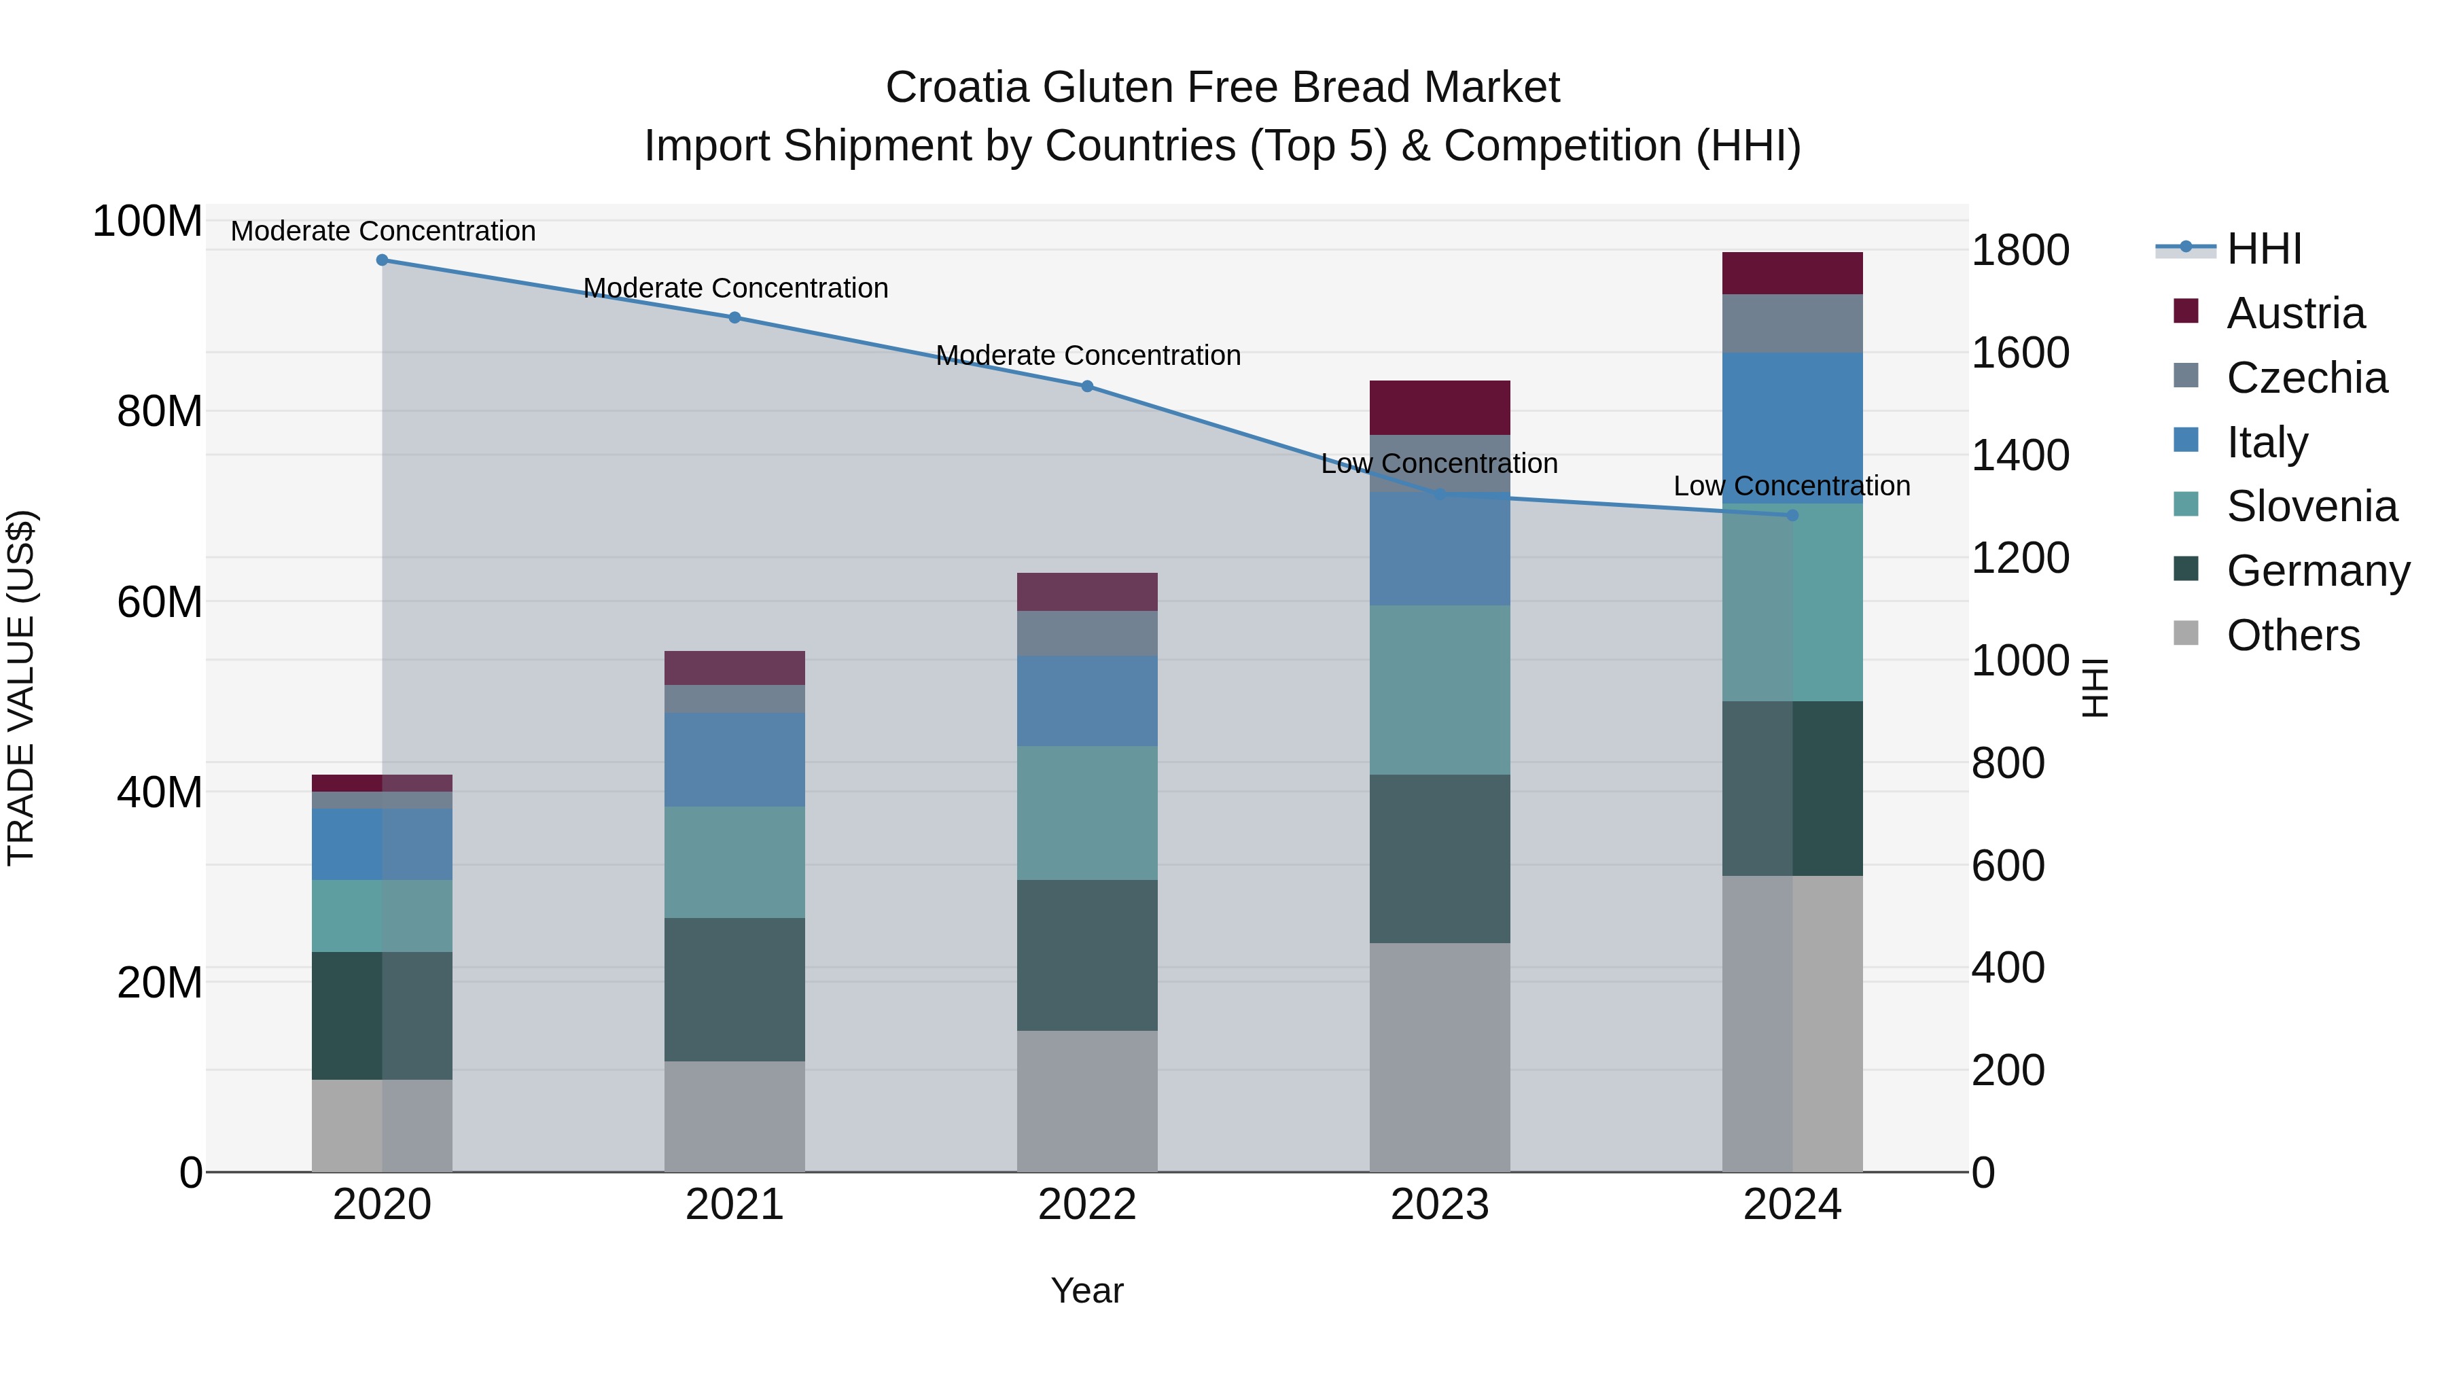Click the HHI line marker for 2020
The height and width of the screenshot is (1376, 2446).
382,260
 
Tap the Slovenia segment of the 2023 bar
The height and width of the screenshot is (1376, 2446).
1440,690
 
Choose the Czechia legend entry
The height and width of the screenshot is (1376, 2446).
2305,378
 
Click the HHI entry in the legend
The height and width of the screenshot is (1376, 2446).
2264,249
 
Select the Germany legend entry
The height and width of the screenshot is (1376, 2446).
2317,571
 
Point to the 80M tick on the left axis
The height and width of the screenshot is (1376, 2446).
160,412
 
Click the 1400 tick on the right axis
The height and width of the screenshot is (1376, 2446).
2020,456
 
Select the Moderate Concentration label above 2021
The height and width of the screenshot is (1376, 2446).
735,287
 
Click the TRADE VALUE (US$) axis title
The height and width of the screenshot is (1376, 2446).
21,688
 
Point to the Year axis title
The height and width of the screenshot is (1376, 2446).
1086,1292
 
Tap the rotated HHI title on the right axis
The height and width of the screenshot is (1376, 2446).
2095,688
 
